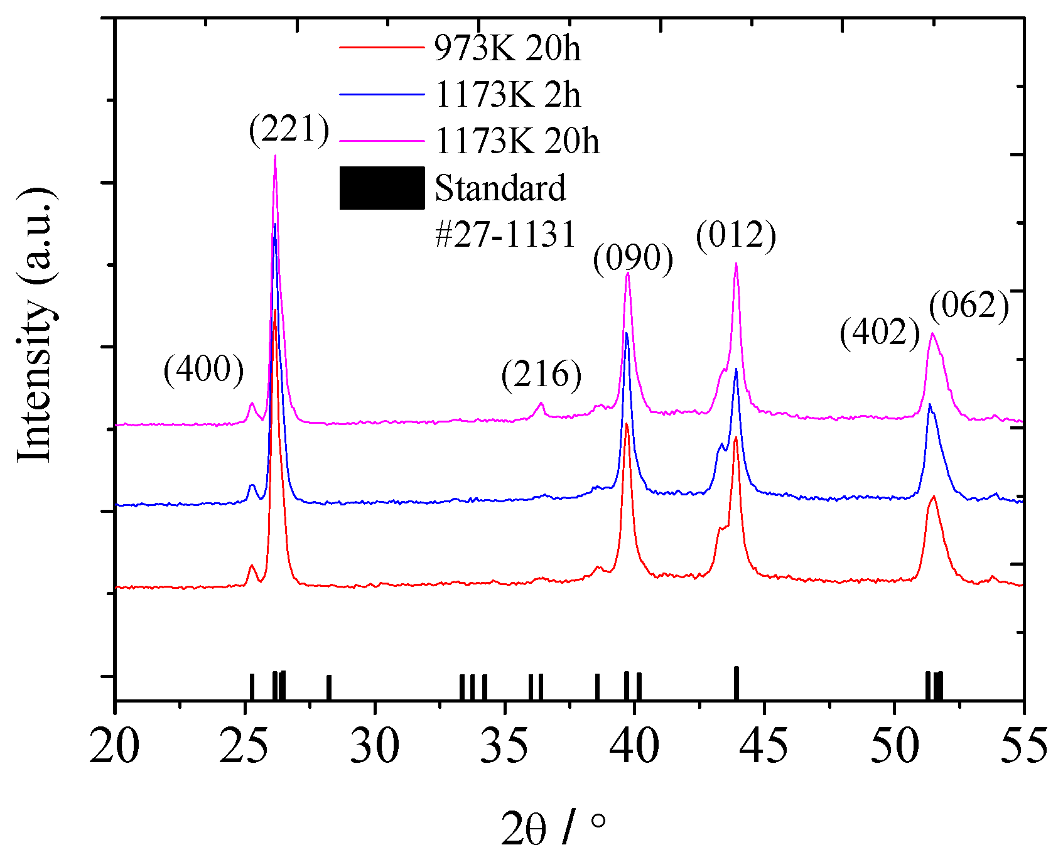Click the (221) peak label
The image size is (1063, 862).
(x=289, y=131)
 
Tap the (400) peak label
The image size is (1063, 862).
(x=203, y=369)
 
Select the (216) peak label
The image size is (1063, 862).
(x=541, y=375)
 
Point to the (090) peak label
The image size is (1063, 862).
(x=633, y=259)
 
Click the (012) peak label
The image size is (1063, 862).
(x=736, y=236)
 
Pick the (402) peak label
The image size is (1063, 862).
(x=880, y=332)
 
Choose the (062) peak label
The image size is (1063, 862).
(x=969, y=306)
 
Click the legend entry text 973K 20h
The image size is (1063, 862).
(x=507, y=48)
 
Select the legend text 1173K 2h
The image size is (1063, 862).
(x=507, y=95)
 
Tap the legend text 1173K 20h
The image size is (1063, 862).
(x=517, y=141)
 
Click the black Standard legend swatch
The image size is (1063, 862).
(x=382, y=188)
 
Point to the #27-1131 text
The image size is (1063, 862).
(x=505, y=235)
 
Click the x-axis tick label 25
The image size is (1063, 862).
(x=244, y=746)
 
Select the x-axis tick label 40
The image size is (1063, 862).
(x=634, y=746)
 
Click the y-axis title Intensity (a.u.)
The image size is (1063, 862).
(x=35, y=325)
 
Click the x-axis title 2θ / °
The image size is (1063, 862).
(x=554, y=829)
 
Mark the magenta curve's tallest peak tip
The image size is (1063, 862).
(x=275, y=156)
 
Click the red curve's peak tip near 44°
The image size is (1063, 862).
(x=735, y=438)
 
